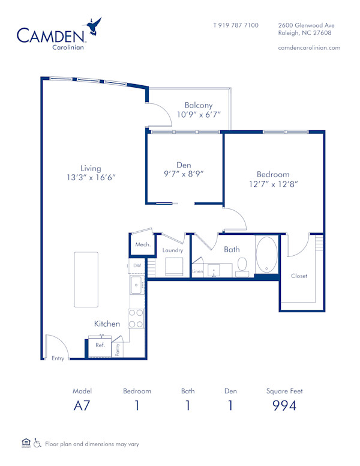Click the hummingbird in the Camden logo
[x=94, y=26]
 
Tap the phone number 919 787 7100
[x=236, y=25]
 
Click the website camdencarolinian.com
[x=310, y=47]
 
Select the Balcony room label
[x=199, y=105]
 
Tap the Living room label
[x=91, y=168]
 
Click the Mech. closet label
[x=142, y=244]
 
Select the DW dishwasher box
[x=136, y=265]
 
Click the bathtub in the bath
[x=267, y=256]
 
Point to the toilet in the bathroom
[x=242, y=266]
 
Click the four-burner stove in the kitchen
[x=136, y=318]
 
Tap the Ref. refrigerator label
[x=100, y=345]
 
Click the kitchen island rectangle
[x=86, y=279]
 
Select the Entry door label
[x=58, y=358]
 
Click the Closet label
[x=299, y=276]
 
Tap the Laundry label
[x=172, y=250]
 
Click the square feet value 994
[x=284, y=406]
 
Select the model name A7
[x=82, y=406]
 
